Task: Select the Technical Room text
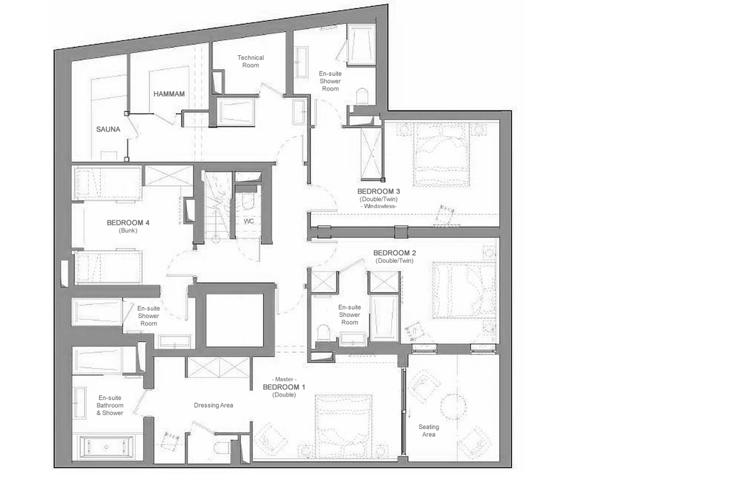pyautogui.click(x=250, y=61)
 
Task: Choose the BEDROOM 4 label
pyautogui.click(x=128, y=223)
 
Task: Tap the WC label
pyautogui.click(x=249, y=221)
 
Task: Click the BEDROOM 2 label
pyautogui.click(x=394, y=253)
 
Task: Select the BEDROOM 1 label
pyautogui.click(x=284, y=387)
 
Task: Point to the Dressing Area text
pyautogui.click(x=213, y=405)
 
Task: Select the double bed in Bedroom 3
pyautogui.click(x=442, y=155)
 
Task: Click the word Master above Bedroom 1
pyautogui.click(x=284, y=379)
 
